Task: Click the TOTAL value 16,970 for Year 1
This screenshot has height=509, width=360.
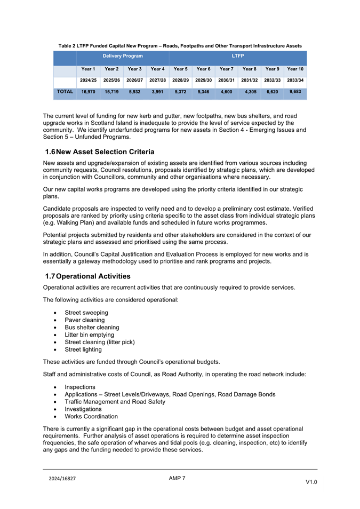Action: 88,92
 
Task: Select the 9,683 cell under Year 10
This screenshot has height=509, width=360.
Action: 295,92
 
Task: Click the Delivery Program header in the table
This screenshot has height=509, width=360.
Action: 123,55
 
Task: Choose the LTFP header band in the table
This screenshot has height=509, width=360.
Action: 238,55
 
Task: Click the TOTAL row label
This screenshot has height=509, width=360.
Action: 65,92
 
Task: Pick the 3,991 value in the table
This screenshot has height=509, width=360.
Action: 157,92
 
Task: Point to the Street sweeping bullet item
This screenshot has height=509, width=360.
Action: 86,313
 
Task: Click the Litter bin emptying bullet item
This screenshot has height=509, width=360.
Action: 89,335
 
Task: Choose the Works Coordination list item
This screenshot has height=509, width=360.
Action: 91,416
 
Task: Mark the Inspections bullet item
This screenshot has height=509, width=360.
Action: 80,387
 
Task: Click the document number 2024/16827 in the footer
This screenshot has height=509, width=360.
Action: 62,479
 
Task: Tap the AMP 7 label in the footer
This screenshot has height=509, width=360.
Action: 177,478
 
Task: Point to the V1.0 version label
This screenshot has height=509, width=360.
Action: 311,482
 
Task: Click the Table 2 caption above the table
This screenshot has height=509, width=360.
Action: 180,46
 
